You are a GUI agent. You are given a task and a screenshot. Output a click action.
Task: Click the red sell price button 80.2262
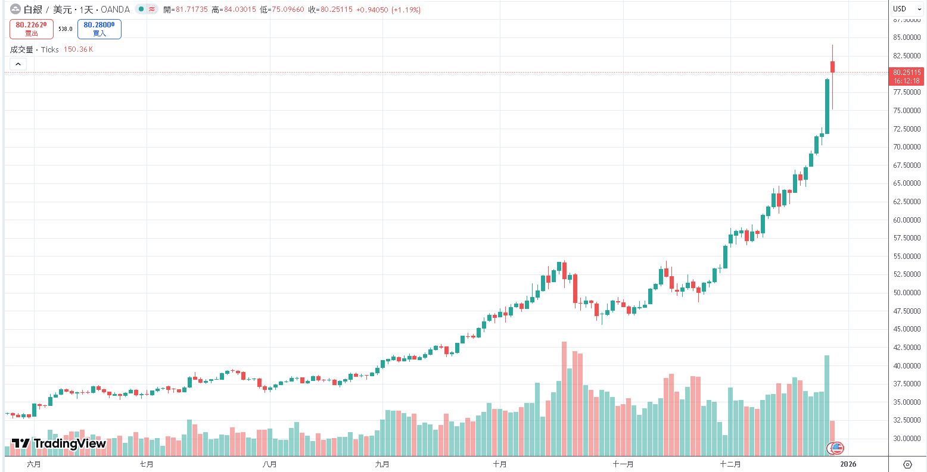point(31,29)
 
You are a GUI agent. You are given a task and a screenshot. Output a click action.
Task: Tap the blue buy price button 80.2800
point(99,29)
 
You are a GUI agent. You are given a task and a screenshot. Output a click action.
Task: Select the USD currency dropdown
point(907,9)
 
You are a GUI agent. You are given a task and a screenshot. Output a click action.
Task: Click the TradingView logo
point(59,443)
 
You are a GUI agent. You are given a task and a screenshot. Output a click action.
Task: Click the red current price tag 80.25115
point(907,76)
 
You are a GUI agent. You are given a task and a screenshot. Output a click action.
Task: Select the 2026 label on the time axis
point(848,464)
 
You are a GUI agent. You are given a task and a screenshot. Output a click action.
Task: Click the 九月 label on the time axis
point(382,464)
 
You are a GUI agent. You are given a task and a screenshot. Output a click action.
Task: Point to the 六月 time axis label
point(34,464)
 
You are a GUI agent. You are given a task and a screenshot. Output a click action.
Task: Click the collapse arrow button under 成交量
point(18,64)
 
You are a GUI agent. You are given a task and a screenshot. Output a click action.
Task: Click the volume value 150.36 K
point(78,49)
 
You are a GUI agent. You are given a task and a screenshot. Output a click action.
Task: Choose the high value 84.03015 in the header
point(239,10)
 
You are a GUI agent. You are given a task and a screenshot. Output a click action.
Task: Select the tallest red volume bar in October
point(564,399)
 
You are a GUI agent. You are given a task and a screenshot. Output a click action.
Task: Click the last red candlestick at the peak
point(832,67)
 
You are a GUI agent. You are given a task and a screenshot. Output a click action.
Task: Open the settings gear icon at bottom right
point(907,464)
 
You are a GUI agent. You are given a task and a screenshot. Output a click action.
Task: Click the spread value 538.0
point(65,29)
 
